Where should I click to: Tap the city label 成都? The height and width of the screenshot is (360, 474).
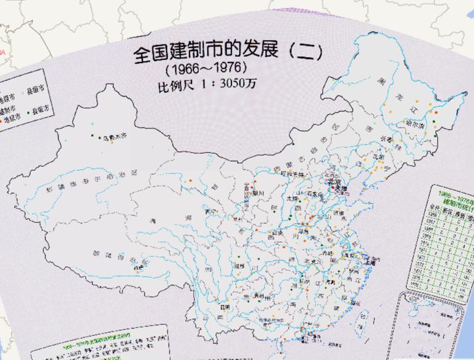click(x=240, y=266)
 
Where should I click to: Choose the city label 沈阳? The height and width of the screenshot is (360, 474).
click(x=377, y=159)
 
